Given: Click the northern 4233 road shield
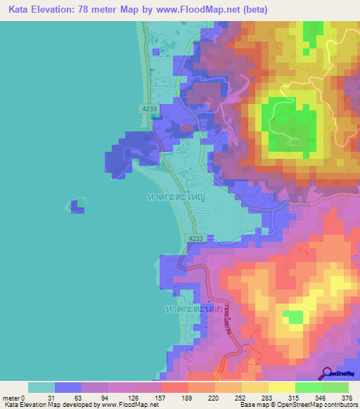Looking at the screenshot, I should point(148,109).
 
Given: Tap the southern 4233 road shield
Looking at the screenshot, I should point(196,240).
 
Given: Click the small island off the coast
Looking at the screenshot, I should point(77,206).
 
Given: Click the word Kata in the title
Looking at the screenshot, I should point(19,9).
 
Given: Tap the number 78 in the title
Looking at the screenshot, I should point(98,9).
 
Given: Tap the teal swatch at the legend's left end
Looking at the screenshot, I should point(41,387).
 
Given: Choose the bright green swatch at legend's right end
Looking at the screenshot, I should point(335,387).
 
